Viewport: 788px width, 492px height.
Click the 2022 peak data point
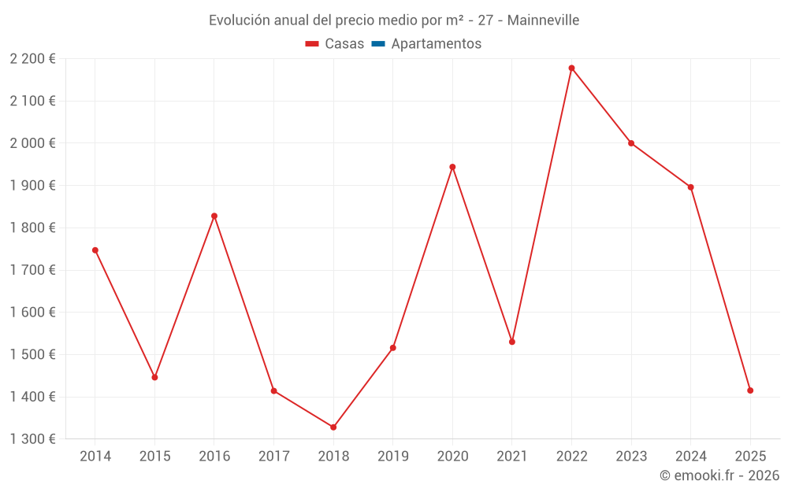(x=571, y=68)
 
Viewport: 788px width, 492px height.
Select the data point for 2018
(x=333, y=427)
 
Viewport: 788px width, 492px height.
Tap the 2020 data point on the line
(x=452, y=167)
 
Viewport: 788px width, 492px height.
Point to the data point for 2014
(x=95, y=250)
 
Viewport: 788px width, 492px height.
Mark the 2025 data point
(x=750, y=390)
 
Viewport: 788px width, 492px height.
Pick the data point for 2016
(x=214, y=216)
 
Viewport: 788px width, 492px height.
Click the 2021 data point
(x=512, y=342)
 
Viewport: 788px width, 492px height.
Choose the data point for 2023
(x=631, y=143)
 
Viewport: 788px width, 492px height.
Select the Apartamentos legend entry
(x=436, y=44)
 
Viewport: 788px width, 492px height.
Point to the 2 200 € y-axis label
(x=32, y=58)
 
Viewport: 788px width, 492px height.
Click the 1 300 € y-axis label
(x=32, y=439)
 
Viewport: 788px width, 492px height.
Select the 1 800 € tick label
(x=32, y=228)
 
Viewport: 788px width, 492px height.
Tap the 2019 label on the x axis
(x=393, y=457)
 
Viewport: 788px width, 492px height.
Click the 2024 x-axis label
(x=691, y=457)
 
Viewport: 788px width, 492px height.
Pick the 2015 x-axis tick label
(x=154, y=457)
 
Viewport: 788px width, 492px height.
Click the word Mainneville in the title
(x=543, y=20)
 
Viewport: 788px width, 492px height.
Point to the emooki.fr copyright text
(x=719, y=475)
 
